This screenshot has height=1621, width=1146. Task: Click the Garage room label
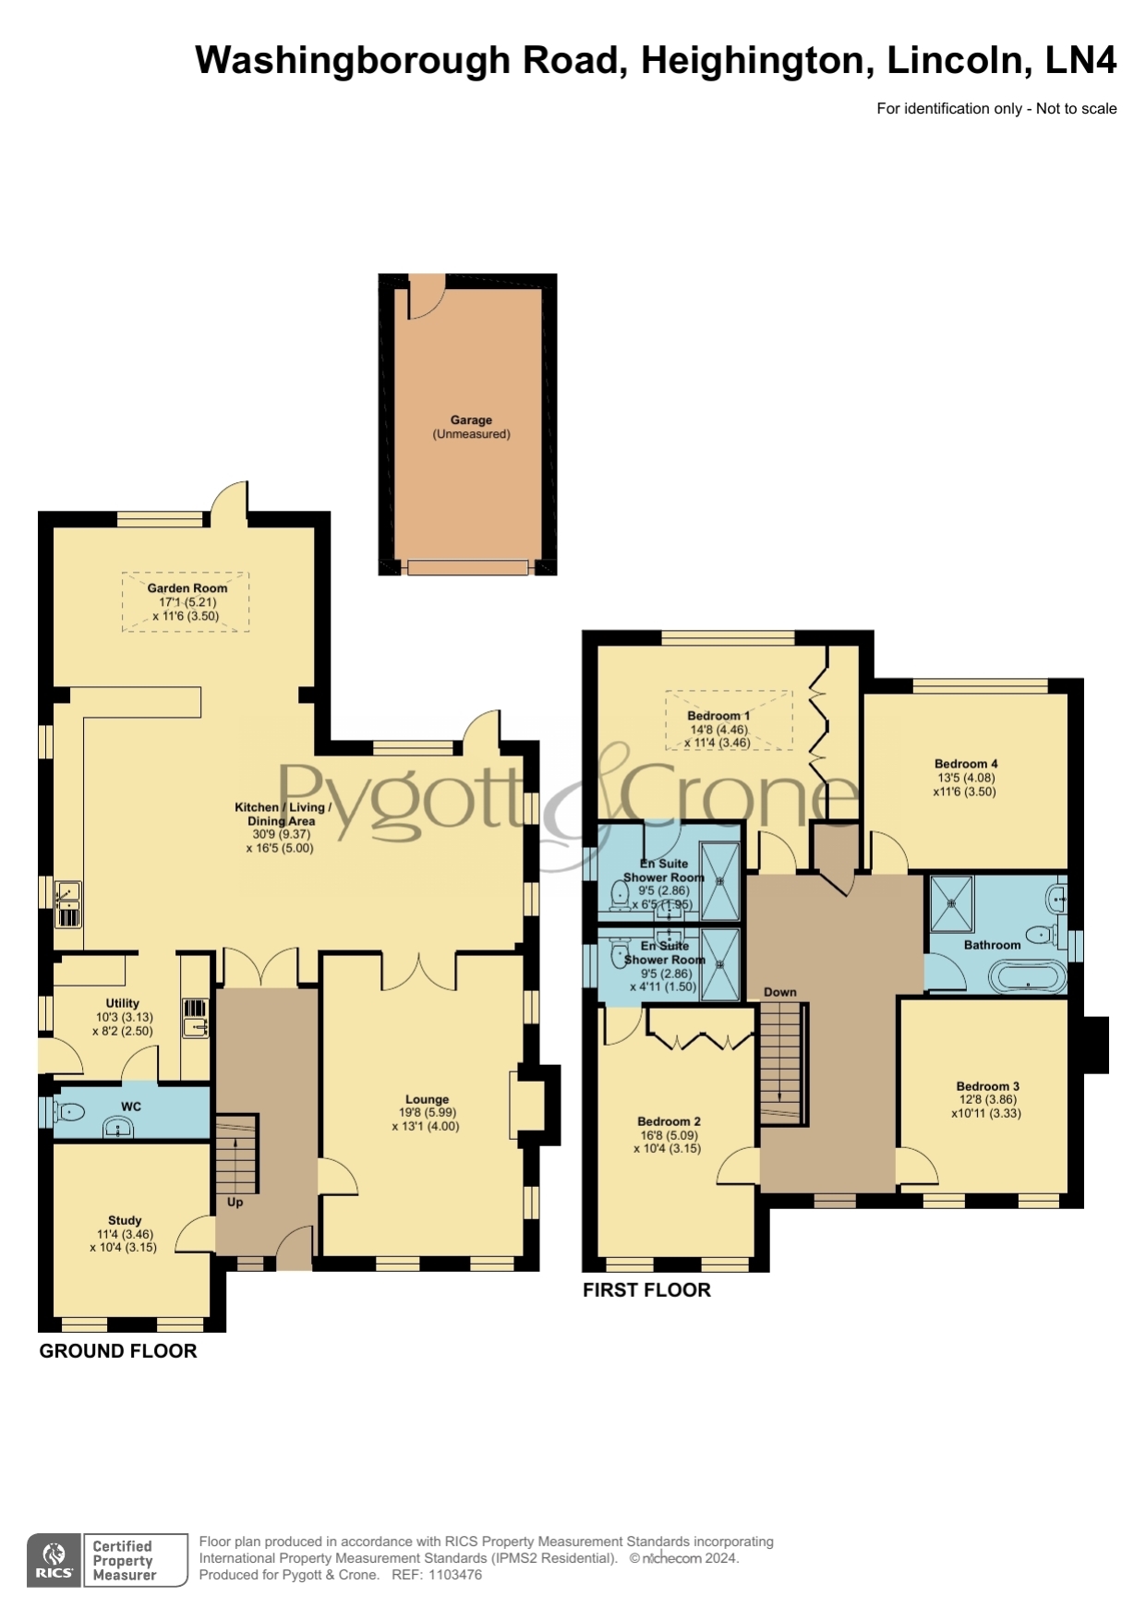(x=471, y=419)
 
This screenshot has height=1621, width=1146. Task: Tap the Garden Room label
(x=187, y=588)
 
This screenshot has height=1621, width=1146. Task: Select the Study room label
(x=125, y=1220)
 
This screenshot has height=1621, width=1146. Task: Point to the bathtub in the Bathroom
(x=1027, y=976)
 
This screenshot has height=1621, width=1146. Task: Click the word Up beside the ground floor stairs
(x=235, y=1203)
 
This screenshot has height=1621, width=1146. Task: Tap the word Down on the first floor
(x=780, y=992)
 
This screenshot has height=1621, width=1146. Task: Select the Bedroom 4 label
(x=966, y=764)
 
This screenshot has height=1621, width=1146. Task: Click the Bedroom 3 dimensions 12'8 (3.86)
(x=988, y=1100)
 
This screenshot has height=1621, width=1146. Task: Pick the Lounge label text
(x=427, y=1100)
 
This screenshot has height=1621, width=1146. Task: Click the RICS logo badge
(x=54, y=1560)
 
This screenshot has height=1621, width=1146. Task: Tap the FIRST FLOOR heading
(x=646, y=1290)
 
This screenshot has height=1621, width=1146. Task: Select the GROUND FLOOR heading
(x=118, y=1351)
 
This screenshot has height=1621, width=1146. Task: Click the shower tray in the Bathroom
(x=951, y=903)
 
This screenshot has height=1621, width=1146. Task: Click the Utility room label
(x=123, y=1003)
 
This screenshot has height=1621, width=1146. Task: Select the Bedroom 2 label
(x=669, y=1121)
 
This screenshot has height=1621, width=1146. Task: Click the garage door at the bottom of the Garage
(x=468, y=567)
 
